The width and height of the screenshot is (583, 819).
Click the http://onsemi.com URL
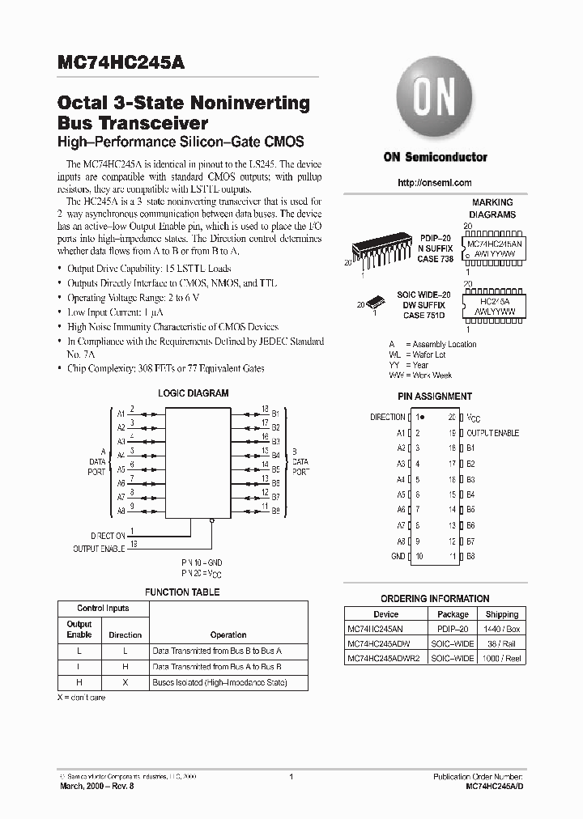pos(435,183)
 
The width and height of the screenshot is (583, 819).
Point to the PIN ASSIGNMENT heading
pos(435,397)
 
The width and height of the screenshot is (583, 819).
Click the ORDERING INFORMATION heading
pos(434,599)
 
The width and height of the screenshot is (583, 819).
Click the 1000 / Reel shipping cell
pos(502,659)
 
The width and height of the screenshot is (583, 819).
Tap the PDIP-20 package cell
pos(453,629)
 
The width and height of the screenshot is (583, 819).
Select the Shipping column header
pos(502,615)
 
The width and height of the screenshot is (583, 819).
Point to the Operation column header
pos(228,635)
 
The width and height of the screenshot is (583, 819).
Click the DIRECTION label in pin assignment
pos(387,417)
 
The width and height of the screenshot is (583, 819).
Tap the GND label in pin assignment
pos(398,557)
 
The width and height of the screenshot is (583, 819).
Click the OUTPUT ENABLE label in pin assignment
pos(492,434)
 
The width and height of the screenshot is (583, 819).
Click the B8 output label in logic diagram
pos(275,511)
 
